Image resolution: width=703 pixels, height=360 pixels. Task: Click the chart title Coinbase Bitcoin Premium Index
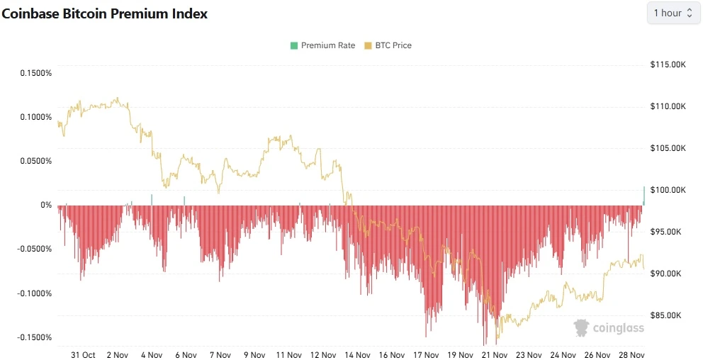[105, 14]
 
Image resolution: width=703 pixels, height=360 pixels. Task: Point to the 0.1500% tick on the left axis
[36, 73]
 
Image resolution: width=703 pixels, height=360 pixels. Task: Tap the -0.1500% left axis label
[35, 337]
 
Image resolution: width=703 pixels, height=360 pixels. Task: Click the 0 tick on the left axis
[47, 206]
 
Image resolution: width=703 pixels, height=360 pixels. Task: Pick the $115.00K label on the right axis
[668, 64]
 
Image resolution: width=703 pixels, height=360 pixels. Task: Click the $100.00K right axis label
[668, 190]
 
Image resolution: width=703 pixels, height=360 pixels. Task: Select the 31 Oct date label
[84, 354]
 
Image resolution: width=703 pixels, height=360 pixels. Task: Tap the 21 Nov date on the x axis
[494, 354]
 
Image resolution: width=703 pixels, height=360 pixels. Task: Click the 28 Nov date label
[631, 354]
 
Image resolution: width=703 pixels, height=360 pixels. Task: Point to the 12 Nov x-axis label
[323, 354]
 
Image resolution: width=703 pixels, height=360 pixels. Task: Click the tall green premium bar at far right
[644, 196]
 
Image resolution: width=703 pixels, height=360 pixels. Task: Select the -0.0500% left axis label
[35, 249]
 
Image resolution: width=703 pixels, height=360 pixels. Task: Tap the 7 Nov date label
[220, 354]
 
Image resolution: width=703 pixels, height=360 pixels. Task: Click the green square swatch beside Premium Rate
[294, 45]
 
